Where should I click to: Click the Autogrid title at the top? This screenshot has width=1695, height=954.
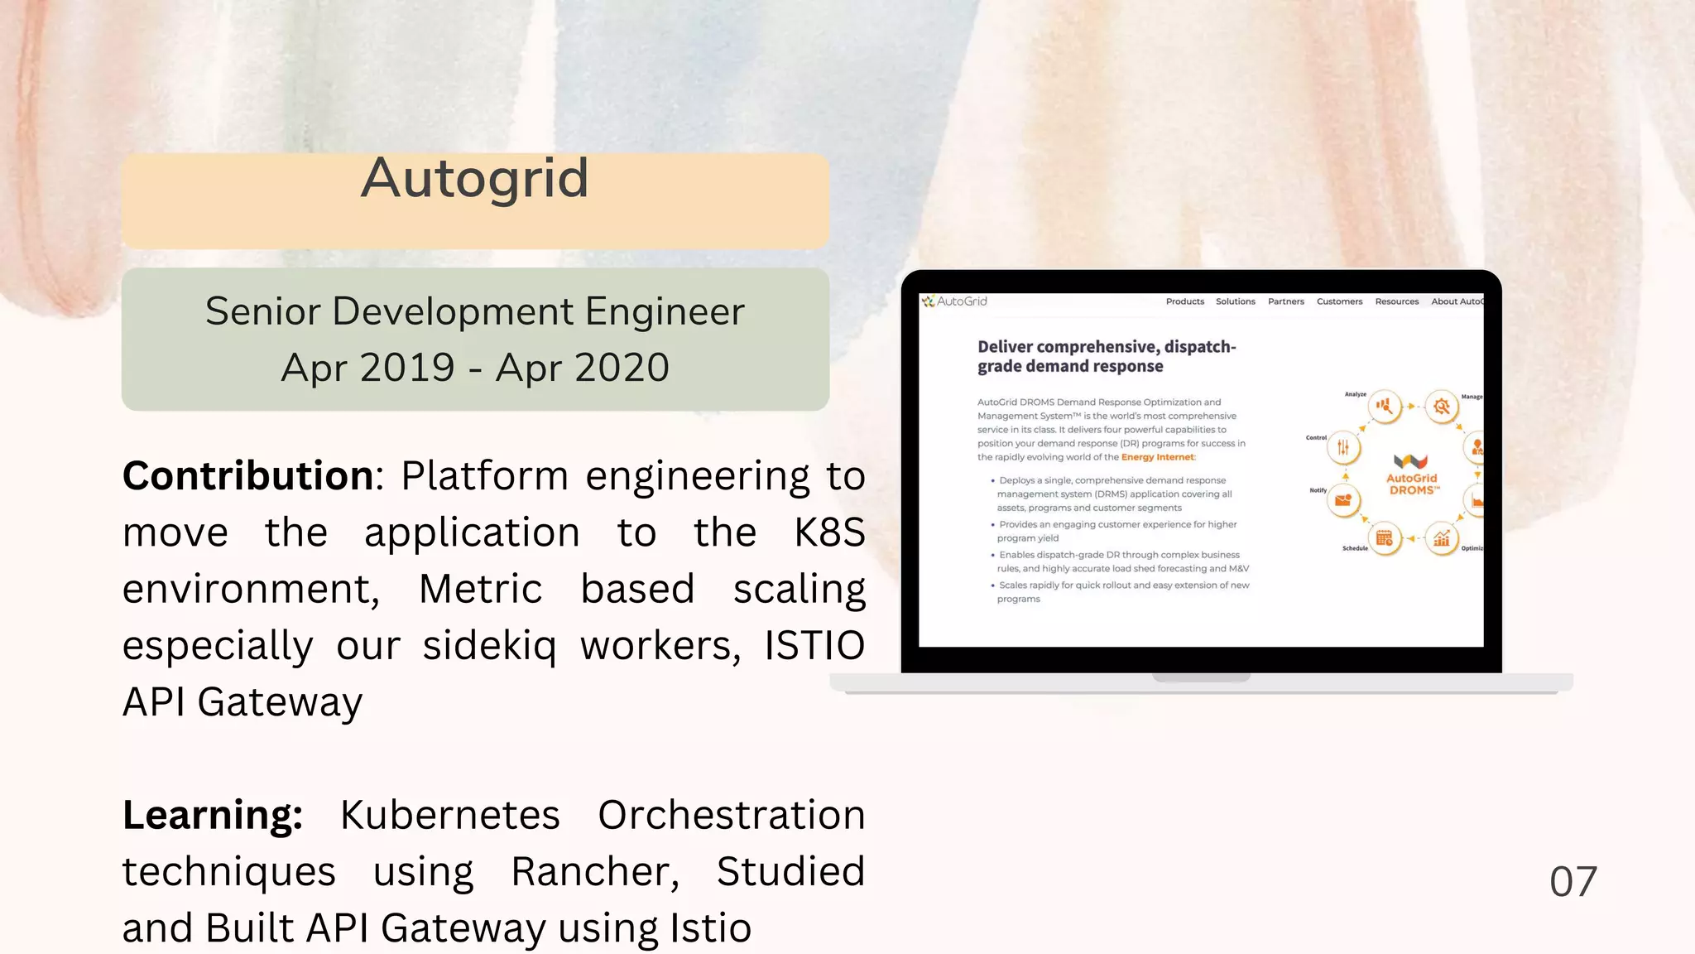pyautogui.click(x=475, y=178)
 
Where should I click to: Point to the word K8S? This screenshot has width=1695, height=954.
pyautogui.click(x=829, y=532)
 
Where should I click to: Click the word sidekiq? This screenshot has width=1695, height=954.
pyautogui.click(x=489, y=646)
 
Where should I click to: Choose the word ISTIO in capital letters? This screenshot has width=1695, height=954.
pyautogui.click(x=814, y=646)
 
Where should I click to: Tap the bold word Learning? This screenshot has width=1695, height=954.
pyautogui.click(x=213, y=815)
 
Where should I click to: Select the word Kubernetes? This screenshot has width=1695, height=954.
pyautogui.click(x=450, y=815)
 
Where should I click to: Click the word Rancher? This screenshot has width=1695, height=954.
pyautogui.click(x=594, y=872)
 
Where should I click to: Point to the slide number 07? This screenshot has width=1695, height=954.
pyautogui.click(x=1573, y=881)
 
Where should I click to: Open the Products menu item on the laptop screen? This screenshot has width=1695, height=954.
pyautogui.click(x=1184, y=301)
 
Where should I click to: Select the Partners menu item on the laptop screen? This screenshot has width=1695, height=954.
pyautogui.click(x=1285, y=301)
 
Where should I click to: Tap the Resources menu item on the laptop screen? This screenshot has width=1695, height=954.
pyautogui.click(x=1396, y=301)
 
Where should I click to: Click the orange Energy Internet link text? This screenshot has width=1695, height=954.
pyautogui.click(x=1157, y=457)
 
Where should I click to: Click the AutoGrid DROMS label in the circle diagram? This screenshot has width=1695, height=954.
pyautogui.click(x=1411, y=484)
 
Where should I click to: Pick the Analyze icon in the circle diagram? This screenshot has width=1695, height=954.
pyautogui.click(x=1384, y=407)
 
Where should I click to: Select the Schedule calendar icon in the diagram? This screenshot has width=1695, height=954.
pyautogui.click(x=1384, y=539)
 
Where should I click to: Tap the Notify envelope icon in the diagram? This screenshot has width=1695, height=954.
pyautogui.click(x=1343, y=500)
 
